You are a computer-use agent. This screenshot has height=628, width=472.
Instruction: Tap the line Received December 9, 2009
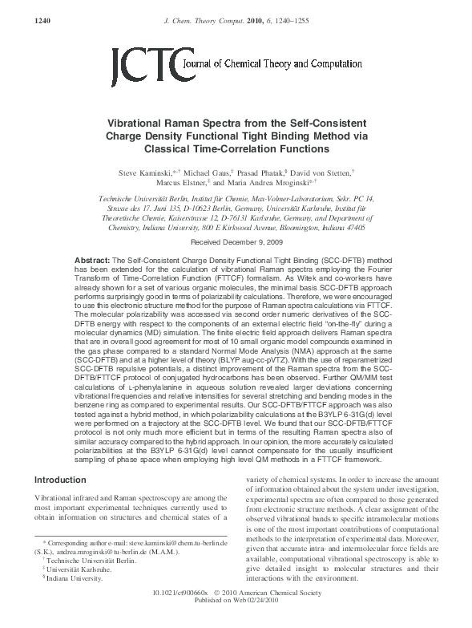(x=236, y=219)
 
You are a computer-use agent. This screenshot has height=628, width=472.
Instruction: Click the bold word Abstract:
(x=92, y=240)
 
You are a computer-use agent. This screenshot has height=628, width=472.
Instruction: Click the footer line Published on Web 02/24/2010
(x=236, y=622)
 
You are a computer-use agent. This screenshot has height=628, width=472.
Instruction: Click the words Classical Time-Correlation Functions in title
(x=236, y=148)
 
